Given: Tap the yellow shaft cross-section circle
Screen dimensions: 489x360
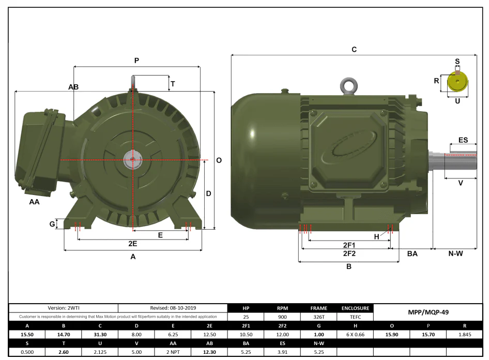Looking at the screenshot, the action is click(x=457, y=82).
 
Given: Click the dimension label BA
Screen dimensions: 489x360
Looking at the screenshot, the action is click(x=412, y=254).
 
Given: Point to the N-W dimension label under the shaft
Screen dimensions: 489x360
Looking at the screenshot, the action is click(x=455, y=254).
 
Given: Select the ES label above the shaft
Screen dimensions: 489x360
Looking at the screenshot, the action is click(x=463, y=140).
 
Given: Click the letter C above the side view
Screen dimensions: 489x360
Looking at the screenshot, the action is click(x=354, y=50).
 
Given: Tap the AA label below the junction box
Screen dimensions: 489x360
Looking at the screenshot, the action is click(x=34, y=202).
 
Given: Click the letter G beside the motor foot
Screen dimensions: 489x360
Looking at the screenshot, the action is click(x=52, y=223).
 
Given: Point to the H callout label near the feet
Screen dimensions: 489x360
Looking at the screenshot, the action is click(x=376, y=237).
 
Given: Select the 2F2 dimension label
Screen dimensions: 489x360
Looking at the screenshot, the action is click(x=349, y=253).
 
